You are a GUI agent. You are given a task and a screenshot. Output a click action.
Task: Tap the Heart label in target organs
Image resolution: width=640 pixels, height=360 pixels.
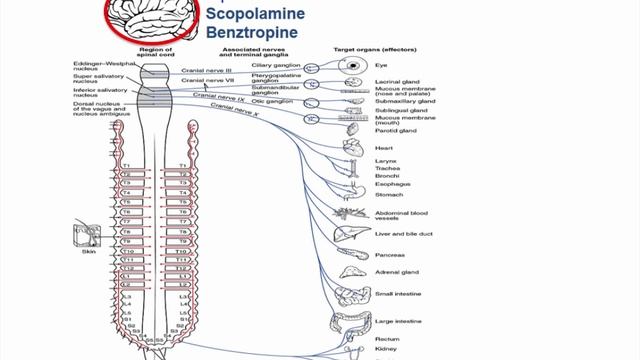tap(383, 148)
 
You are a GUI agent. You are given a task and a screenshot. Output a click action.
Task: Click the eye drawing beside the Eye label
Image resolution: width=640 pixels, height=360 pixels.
tap(352, 65)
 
